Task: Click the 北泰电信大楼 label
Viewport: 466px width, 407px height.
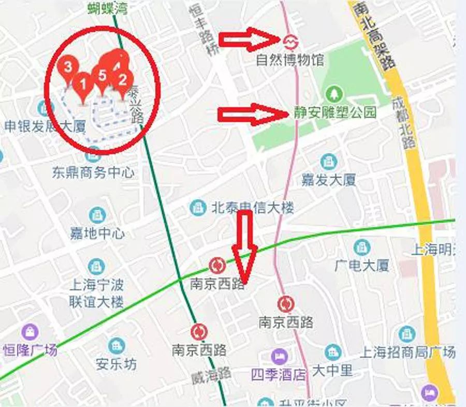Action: [x=252, y=208]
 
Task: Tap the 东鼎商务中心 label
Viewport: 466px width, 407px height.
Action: [x=93, y=172]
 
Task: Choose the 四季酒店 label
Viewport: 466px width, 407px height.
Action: [x=278, y=374]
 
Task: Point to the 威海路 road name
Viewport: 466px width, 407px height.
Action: [x=205, y=377]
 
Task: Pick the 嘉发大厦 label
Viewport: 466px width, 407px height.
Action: [x=329, y=180]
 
